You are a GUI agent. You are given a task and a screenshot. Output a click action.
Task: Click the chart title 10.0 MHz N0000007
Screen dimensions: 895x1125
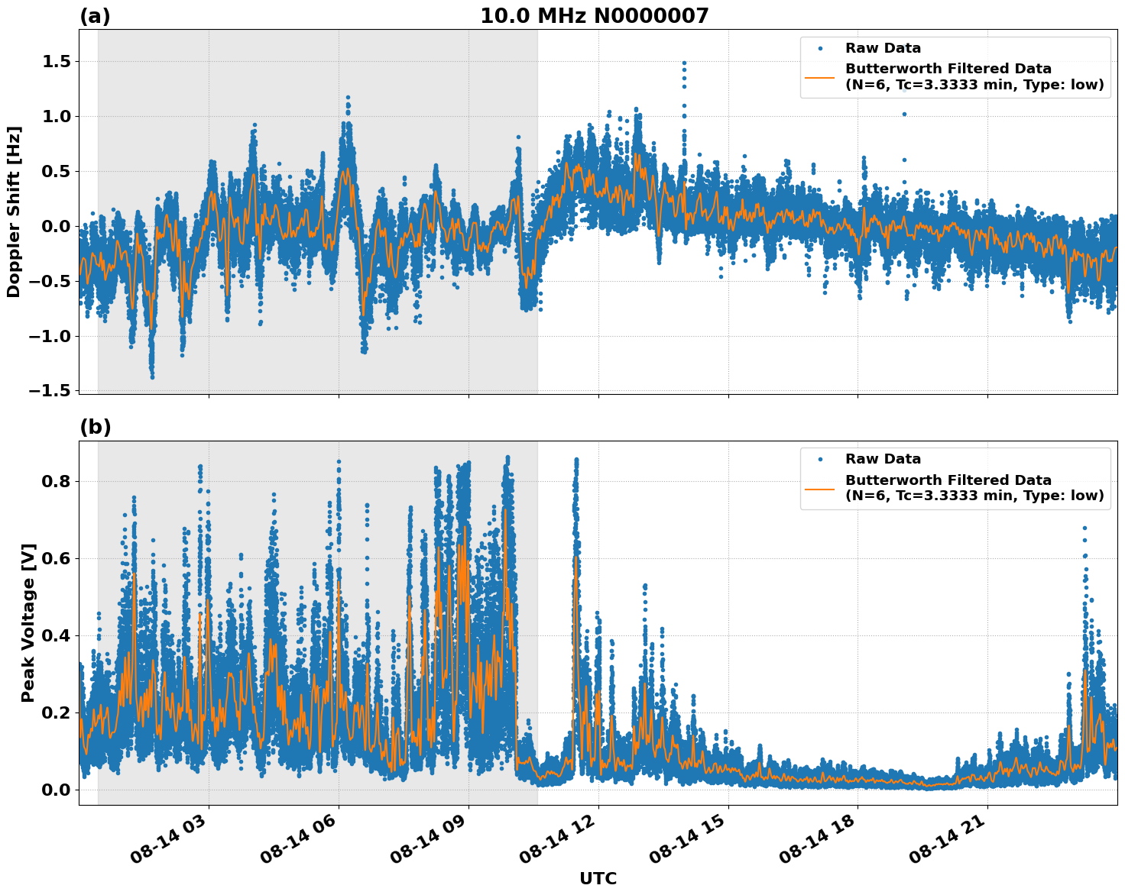pyautogui.click(x=594, y=16)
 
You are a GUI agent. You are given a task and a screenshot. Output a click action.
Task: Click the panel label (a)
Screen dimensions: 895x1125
pyautogui.click(x=95, y=17)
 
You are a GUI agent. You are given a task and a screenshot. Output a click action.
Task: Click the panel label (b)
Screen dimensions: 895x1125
pyautogui.click(x=95, y=428)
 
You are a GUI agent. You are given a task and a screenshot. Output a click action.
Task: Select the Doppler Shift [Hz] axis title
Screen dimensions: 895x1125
pyautogui.click(x=14, y=212)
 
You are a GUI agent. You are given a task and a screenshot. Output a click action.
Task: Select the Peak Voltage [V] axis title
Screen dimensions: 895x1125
pyautogui.click(x=28, y=622)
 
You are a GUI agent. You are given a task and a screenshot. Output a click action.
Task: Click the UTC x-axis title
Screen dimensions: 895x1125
pyautogui.click(x=598, y=878)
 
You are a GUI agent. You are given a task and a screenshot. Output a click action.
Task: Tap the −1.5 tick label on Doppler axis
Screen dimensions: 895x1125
pyautogui.click(x=50, y=391)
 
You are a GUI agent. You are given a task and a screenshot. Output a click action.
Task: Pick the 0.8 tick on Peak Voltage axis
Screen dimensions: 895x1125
pyautogui.click(x=56, y=482)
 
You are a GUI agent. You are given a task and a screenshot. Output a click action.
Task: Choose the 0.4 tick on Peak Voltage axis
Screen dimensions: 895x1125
pyautogui.click(x=56, y=635)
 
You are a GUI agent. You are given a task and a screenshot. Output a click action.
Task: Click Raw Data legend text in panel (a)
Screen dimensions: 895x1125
pyautogui.click(x=883, y=48)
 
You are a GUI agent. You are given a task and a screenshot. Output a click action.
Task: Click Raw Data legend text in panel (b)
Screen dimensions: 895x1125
pyautogui.click(x=883, y=459)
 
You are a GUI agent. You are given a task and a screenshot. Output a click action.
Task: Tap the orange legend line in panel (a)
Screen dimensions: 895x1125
pyautogui.click(x=819, y=77)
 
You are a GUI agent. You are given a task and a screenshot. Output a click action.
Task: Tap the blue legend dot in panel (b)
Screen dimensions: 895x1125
pyautogui.click(x=820, y=459)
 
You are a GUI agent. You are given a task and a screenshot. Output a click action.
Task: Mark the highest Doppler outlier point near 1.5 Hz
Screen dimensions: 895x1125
pyautogui.click(x=684, y=63)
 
